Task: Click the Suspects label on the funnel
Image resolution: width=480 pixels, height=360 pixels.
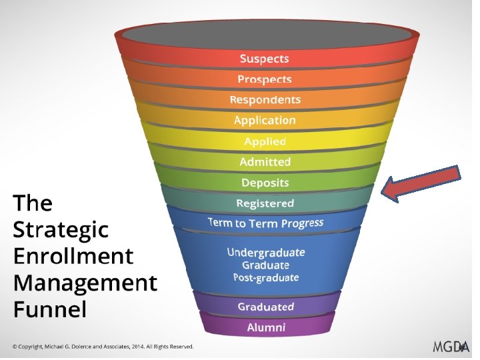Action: [x=265, y=59]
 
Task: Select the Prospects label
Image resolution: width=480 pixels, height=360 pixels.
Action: [x=265, y=79]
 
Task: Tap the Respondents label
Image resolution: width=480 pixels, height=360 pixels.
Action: [x=265, y=100]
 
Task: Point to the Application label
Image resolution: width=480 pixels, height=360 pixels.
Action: [x=265, y=121]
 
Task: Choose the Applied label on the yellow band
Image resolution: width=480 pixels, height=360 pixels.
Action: [x=265, y=141]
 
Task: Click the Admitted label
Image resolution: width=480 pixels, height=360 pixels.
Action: [x=265, y=162]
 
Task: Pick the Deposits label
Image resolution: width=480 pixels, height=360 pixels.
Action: [x=265, y=183]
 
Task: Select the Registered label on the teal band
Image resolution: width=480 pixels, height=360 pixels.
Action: [x=265, y=203]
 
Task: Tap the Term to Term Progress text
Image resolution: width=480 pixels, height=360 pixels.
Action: [x=265, y=223]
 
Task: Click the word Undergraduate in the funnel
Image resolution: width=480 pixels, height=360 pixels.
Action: [x=265, y=253]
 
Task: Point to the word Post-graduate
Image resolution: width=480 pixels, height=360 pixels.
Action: [x=265, y=277]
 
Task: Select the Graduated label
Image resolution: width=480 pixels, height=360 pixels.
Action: [x=265, y=307]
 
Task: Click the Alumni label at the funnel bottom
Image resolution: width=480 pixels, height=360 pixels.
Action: [x=265, y=327]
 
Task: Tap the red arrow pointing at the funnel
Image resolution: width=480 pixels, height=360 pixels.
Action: [x=421, y=184]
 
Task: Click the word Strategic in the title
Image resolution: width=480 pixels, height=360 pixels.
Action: [x=60, y=229]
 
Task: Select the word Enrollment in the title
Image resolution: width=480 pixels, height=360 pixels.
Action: [x=73, y=256]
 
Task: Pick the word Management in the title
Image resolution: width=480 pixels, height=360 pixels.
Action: [x=85, y=283]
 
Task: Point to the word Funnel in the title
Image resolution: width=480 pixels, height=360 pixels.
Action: [x=50, y=310]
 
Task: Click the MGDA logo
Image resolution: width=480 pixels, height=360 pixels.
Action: [x=451, y=346]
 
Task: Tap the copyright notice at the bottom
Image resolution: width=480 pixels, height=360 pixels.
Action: [x=103, y=347]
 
